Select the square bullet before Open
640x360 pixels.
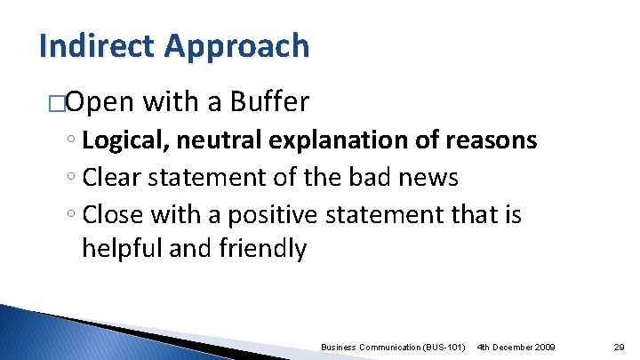click(x=58, y=103)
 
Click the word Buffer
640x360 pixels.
click(x=269, y=103)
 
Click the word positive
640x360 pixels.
click(x=270, y=215)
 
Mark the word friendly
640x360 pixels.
click(x=262, y=249)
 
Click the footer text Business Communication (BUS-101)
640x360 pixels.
click(x=392, y=345)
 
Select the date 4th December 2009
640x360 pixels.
click(x=516, y=345)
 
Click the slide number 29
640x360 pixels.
click(x=620, y=345)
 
